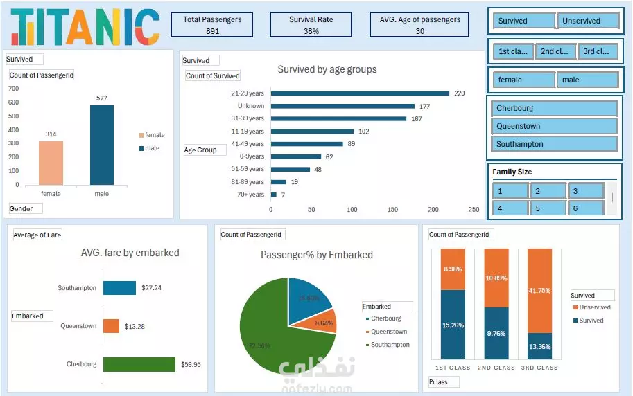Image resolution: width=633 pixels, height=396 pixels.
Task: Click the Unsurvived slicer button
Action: [587, 21]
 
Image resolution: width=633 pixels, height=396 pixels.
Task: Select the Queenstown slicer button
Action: [555, 126]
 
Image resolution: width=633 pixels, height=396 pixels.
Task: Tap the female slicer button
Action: [524, 80]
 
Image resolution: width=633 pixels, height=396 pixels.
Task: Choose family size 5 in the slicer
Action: [548, 208]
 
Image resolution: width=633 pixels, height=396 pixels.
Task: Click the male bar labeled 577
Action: [102, 145]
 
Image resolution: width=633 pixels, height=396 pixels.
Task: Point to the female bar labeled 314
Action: [51, 163]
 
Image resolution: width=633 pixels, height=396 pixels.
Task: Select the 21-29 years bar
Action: [360, 93]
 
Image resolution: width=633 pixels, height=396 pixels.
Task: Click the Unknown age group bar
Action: [342, 106]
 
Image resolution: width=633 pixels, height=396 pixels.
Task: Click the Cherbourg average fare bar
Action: [139, 364]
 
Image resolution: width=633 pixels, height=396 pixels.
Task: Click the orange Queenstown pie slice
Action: [324, 321]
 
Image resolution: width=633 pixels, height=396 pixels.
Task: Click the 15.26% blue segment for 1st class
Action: [453, 325]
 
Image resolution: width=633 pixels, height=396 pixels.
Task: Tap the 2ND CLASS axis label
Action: [496, 368]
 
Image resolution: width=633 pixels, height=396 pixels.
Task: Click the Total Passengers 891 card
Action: [212, 25]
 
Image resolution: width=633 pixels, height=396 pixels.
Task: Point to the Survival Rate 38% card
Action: [311, 25]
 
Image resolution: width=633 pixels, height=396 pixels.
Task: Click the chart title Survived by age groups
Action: [327, 69]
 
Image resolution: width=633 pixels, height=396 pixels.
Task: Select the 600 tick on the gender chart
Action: [13, 102]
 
